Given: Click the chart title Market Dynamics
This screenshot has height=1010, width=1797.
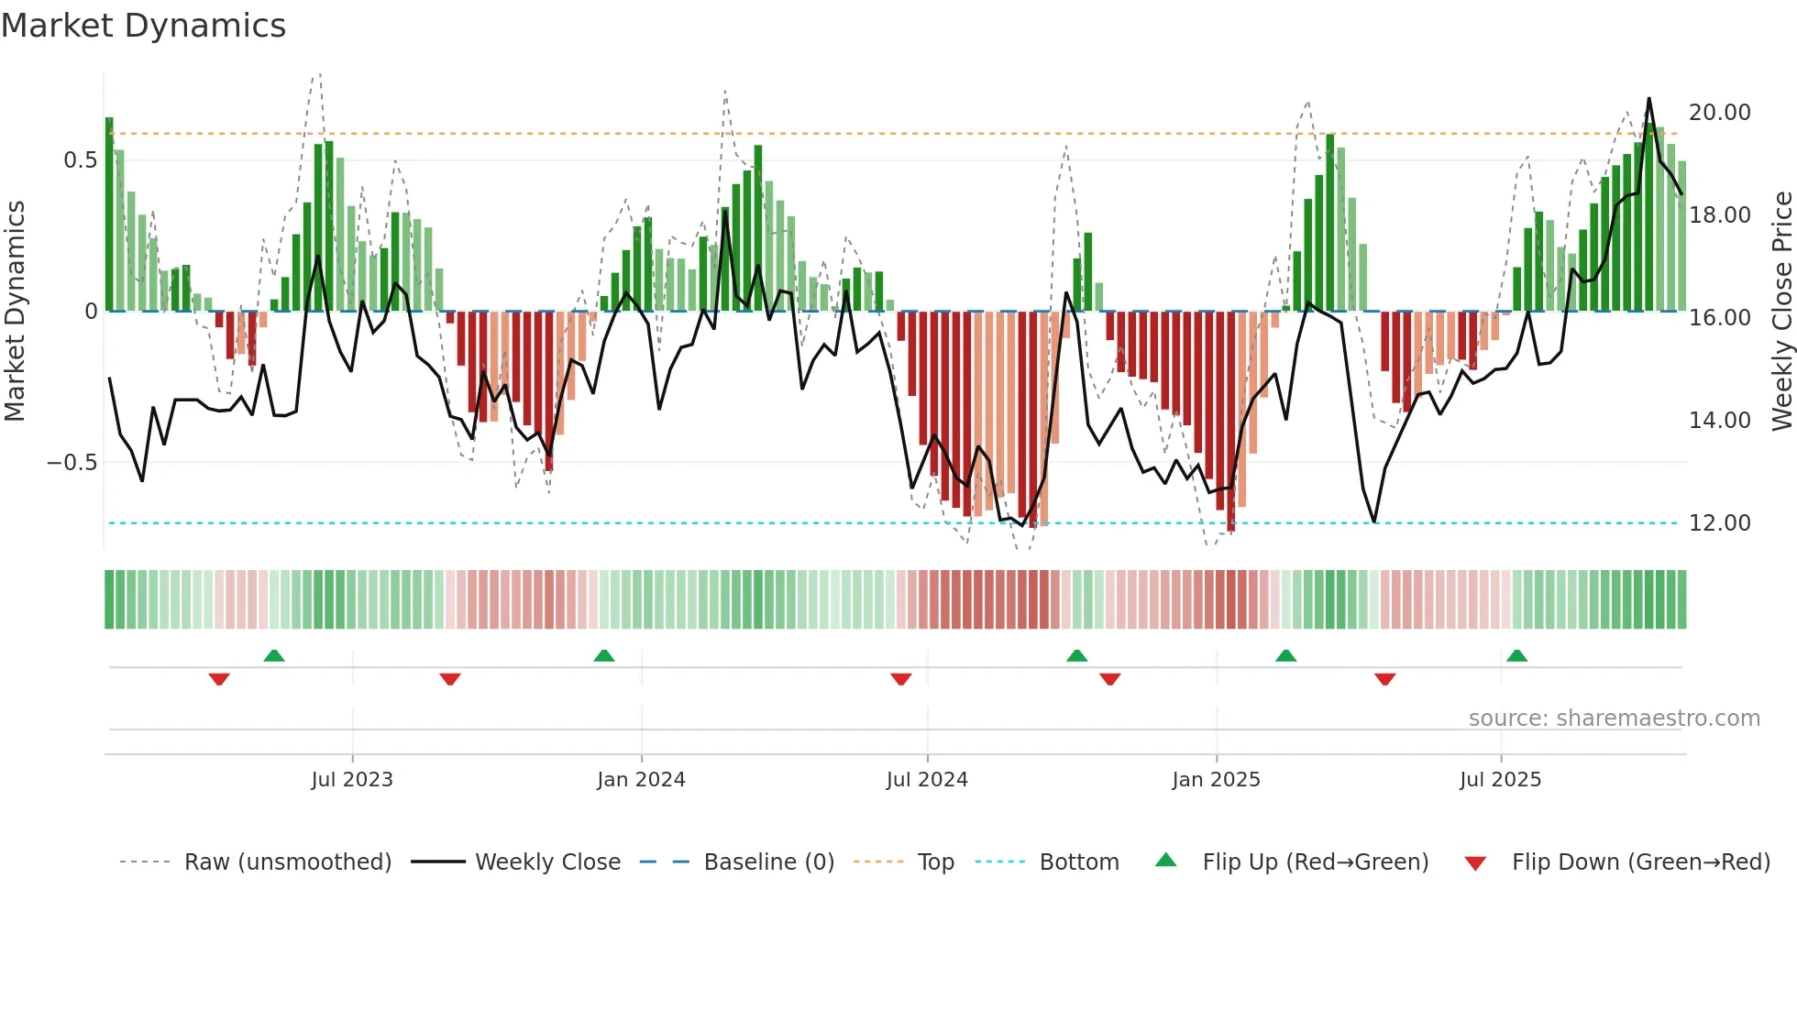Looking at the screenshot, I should [x=143, y=26].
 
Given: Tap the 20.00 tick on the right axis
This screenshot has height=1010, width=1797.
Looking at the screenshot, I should [x=1719, y=113].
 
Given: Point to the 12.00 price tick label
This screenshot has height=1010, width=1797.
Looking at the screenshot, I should [x=1719, y=523].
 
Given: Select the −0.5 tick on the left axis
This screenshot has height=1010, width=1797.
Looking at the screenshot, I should [x=72, y=463].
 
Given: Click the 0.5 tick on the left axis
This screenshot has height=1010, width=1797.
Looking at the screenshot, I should [x=80, y=160].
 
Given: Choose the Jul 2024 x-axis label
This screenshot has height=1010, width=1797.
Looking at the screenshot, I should [x=927, y=780].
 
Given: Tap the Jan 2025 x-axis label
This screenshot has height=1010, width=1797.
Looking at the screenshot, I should [x=1216, y=780].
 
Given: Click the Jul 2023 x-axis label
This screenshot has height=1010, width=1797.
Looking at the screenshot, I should [x=352, y=780].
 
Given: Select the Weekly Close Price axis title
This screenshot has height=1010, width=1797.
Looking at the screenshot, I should [x=1781, y=312].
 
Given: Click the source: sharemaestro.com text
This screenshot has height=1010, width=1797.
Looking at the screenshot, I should [x=1614, y=719].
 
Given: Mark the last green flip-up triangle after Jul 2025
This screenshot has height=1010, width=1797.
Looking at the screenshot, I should [x=1516, y=655].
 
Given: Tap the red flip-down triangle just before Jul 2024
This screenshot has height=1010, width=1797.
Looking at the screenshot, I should [x=900, y=679].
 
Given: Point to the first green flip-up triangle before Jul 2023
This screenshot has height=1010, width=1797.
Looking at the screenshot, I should [x=273, y=655].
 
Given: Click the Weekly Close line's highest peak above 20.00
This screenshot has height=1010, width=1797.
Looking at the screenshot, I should [x=1648, y=99].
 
